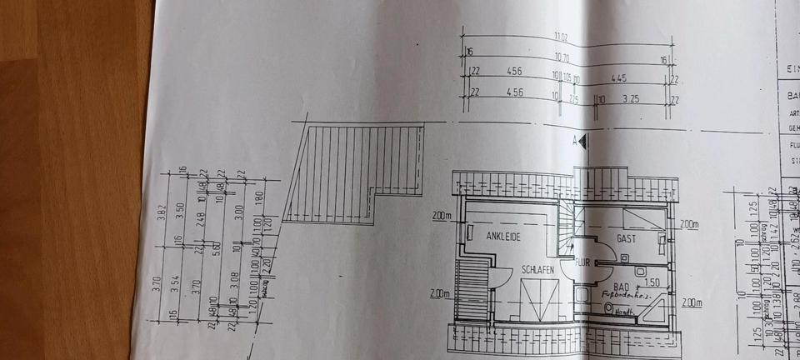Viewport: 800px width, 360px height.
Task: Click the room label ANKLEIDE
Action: [x=502, y=237]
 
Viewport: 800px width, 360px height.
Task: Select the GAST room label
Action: [x=627, y=238]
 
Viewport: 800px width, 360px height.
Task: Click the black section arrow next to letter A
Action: [x=585, y=142]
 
